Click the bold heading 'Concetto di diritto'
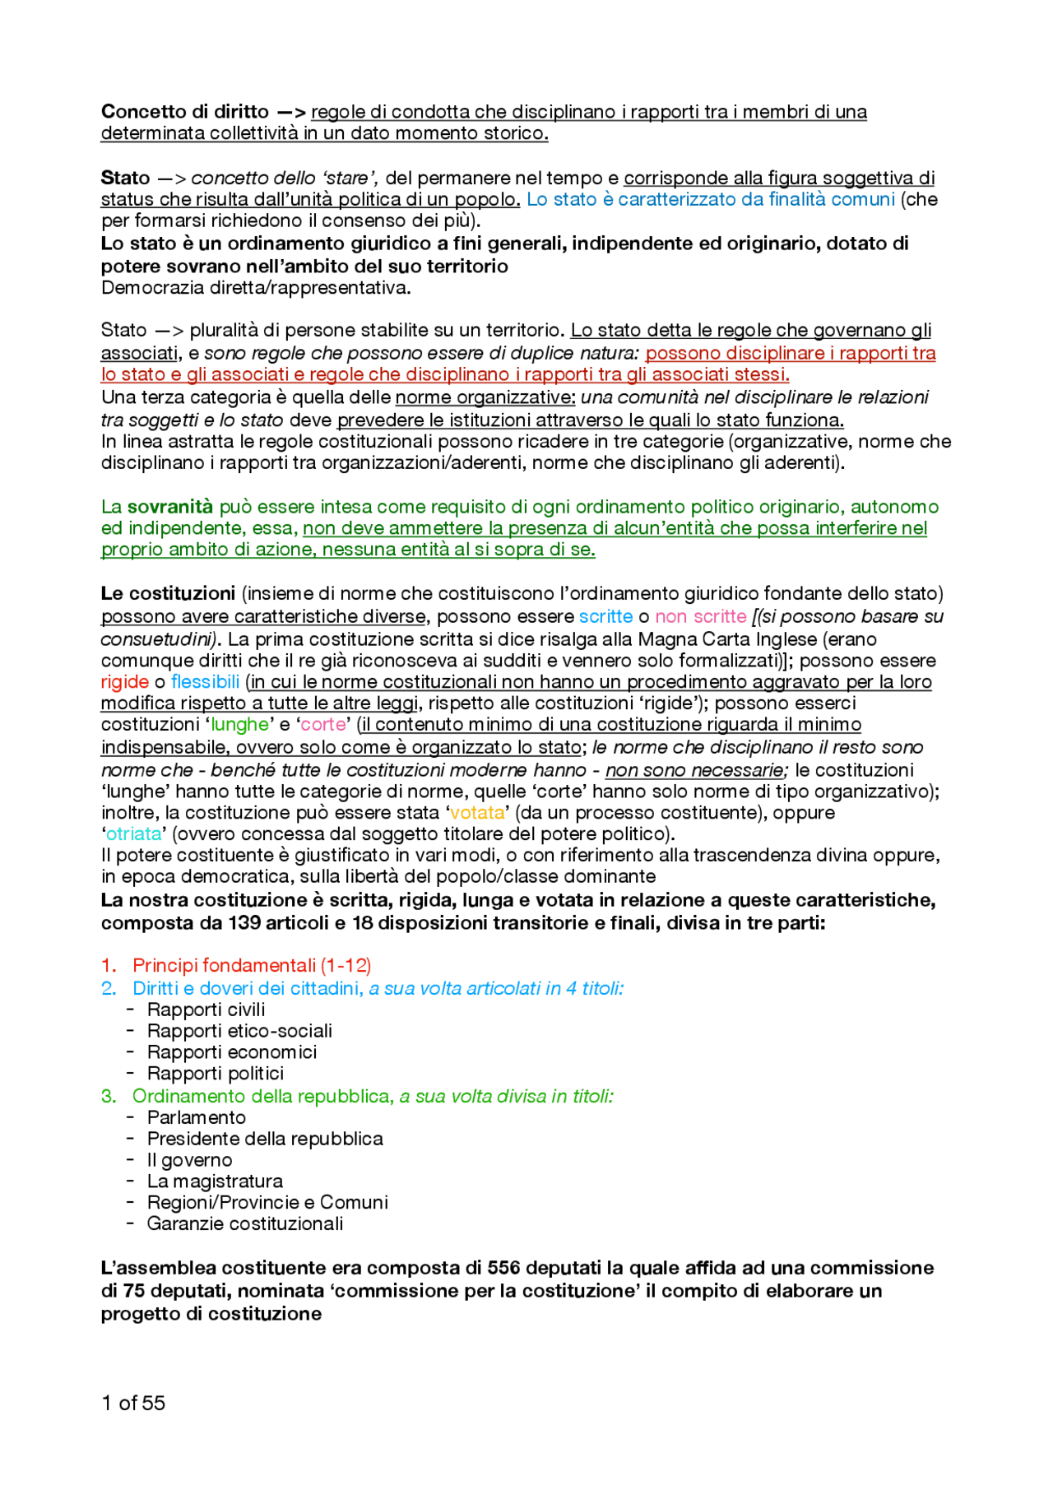[184, 112]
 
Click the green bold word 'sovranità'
[169, 507]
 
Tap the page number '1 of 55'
[133, 1403]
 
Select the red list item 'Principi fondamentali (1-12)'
[252, 965]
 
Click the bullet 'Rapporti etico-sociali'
[239, 1031]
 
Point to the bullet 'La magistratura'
[215, 1181]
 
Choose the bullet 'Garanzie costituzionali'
[245, 1223]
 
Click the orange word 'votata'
[477, 813]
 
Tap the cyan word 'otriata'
[133, 834]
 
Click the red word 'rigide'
[124, 682]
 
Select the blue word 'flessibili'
[205, 682]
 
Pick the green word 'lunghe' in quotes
[239, 725]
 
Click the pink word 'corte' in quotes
[323, 725]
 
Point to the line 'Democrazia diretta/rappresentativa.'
[256, 288]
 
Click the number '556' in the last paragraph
[503, 1268]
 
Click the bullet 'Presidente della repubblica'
[265, 1139]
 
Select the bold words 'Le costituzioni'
[168, 594]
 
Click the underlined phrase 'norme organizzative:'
[485, 397]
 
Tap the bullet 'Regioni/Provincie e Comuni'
[267, 1202]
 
